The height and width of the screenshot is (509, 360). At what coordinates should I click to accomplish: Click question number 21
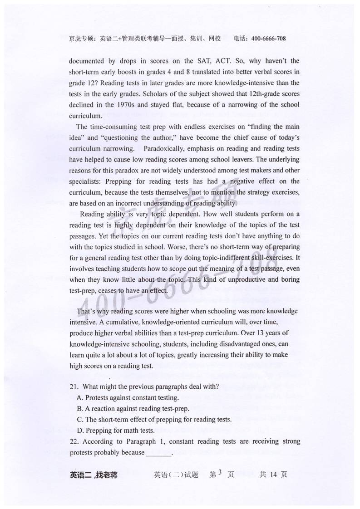coord(74,387)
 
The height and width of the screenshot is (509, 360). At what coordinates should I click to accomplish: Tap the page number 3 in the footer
coord(220,474)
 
